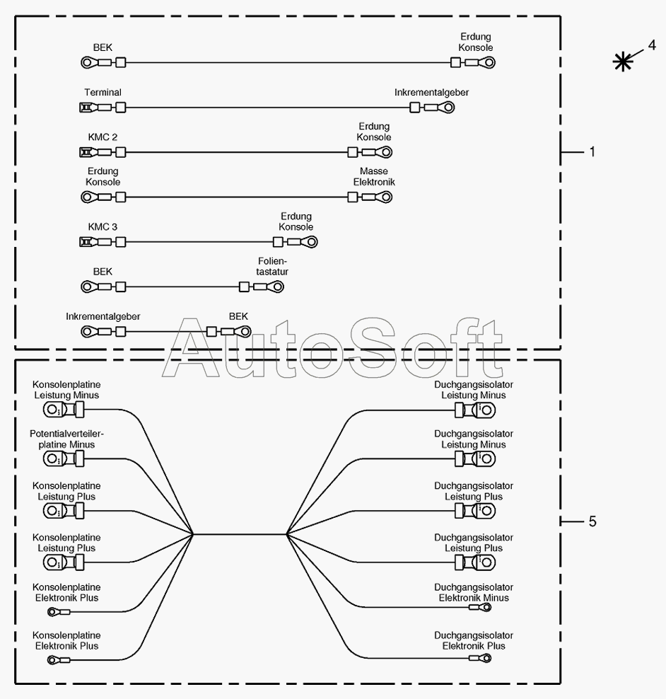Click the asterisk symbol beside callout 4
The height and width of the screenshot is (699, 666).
(x=622, y=62)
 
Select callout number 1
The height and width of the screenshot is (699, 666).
(x=592, y=151)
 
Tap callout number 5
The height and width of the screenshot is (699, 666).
(x=592, y=521)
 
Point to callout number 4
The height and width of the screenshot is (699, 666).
(x=651, y=45)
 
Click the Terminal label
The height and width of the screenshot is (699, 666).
(x=103, y=93)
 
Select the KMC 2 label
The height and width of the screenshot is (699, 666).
(x=103, y=137)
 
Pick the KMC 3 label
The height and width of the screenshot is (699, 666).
(x=103, y=227)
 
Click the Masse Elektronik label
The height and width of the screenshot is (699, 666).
(x=374, y=177)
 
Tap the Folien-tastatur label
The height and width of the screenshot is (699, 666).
(x=273, y=266)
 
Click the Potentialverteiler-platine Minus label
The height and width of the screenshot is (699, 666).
(x=62, y=439)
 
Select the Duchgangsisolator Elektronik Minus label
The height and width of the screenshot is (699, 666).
(x=474, y=593)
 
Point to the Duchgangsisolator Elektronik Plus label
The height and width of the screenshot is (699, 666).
(x=474, y=641)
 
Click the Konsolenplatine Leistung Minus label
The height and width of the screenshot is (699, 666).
(x=66, y=390)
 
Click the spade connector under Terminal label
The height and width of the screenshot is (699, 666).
(x=86, y=108)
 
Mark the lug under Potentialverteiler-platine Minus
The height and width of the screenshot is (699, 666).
(x=57, y=459)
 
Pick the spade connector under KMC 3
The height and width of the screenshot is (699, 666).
(x=86, y=242)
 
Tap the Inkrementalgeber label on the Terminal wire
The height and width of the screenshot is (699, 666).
(x=431, y=93)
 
